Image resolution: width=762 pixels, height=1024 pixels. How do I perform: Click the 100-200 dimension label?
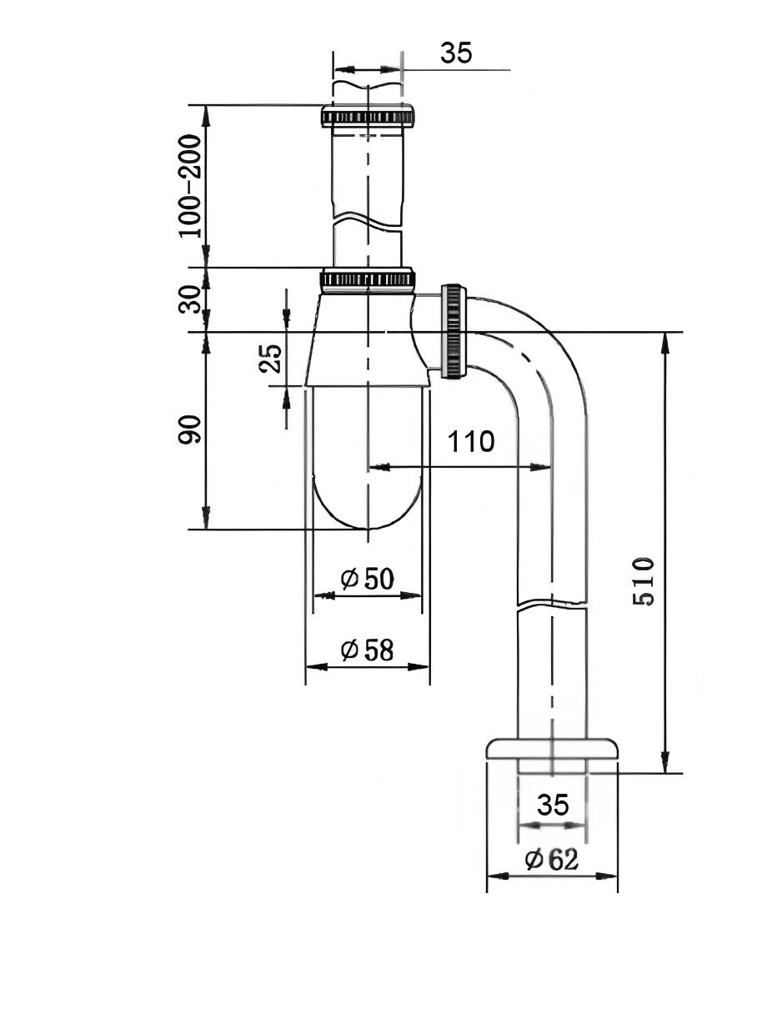191,185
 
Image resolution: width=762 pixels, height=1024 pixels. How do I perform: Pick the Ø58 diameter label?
368,650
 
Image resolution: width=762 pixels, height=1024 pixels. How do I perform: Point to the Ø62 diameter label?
551,859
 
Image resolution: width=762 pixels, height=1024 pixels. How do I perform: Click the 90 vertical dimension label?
191,429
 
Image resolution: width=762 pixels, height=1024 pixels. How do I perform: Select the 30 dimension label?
191,299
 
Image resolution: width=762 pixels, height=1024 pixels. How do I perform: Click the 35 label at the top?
456,52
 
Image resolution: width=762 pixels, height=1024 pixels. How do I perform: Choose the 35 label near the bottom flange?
552,805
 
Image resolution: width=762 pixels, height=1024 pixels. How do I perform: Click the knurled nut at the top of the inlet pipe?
367,116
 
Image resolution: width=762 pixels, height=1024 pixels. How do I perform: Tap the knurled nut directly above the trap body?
367,279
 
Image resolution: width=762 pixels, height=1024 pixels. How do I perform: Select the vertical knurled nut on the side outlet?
454,331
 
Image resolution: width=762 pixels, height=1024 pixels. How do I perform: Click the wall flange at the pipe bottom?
552,748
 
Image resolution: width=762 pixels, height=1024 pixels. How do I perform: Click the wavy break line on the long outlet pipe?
552,602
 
